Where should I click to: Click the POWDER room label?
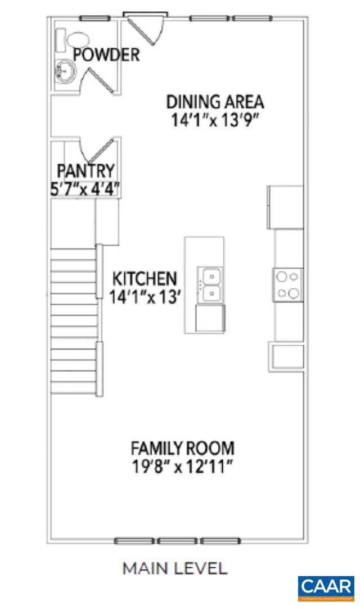pyautogui.click(x=106, y=55)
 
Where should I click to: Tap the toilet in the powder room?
pyautogui.click(x=78, y=40)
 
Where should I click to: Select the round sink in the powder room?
pyautogui.click(x=65, y=71)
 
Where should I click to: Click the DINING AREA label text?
pyautogui.click(x=215, y=102)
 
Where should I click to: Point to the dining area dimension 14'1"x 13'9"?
pyautogui.click(x=215, y=121)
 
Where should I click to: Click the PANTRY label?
pyautogui.click(x=86, y=170)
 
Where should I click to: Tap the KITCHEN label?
pyautogui.click(x=145, y=278)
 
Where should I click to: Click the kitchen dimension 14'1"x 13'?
pyautogui.click(x=145, y=297)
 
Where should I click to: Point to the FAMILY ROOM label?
pyautogui.click(x=182, y=449)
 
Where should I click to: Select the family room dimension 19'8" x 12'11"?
pyautogui.click(x=182, y=467)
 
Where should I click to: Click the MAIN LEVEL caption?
pyautogui.click(x=175, y=568)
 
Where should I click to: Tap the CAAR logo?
pyautogui.click(x=326, y=587)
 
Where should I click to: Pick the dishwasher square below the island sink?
pyautogui.click(x=210, y=318)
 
